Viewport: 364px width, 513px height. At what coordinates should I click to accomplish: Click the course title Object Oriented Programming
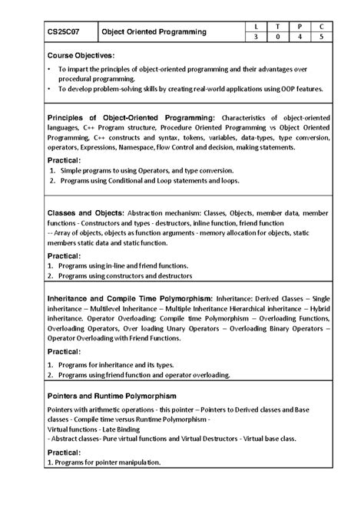[155, 32]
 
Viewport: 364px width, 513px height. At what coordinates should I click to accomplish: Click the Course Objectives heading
[81, 56]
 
